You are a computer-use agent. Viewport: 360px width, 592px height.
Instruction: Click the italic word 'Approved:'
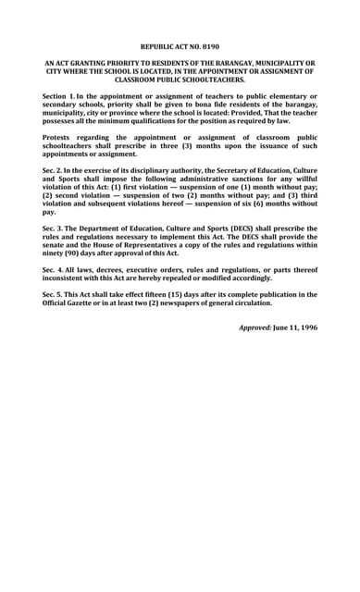pos(254,327)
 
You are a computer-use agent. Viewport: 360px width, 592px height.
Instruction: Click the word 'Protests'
pos(60,135)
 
